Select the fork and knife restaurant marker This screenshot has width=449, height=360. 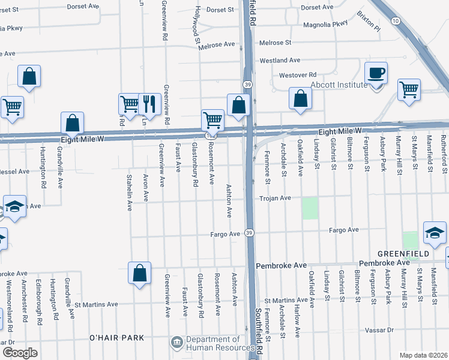(149, 104)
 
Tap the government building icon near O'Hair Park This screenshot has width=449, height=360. (176, 343)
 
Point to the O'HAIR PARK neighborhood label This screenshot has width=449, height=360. (116, 338)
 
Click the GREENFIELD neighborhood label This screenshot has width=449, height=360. (403, 254)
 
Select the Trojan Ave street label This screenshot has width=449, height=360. (275, 198)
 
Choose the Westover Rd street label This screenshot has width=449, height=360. (298, 75)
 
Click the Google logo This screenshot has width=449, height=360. (20, 352)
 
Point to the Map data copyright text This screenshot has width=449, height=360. (423, 355)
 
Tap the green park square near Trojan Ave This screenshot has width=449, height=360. (310, 208)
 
